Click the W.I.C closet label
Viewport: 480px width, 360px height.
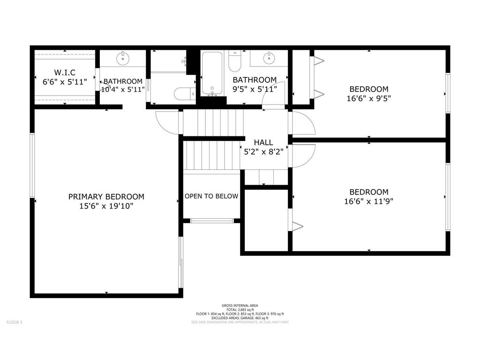tap(65, 73)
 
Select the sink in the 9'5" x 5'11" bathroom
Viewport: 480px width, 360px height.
tap(269, 58)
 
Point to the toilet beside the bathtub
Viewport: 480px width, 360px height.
tap(234, 60)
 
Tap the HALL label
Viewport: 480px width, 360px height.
tap(264, 142)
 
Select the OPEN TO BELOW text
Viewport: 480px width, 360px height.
tap(211, 196)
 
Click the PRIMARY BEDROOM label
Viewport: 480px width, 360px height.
tap(106, 197)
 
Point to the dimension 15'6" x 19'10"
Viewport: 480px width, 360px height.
tap(106, 206)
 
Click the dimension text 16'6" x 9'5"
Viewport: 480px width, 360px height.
tap(369, 98)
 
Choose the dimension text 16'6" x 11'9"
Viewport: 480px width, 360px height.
tap(369, 202)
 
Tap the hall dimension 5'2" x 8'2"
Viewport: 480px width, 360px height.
tap(264, 151)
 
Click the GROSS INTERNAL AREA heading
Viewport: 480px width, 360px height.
tap(240, 306)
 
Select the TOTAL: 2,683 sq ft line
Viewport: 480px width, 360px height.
tap(240, 310)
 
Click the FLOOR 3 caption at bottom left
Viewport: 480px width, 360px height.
tap(14, 322)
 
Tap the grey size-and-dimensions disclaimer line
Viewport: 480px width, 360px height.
tap(240, 322)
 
